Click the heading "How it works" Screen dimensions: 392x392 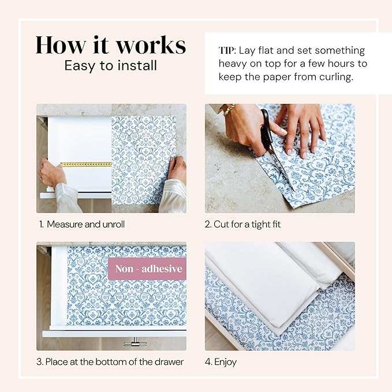tap(110, 44)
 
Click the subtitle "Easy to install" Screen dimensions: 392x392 tap(110, 65)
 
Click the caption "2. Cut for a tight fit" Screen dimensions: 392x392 tap(242, 224)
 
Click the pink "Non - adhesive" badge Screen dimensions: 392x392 tap(148, 268)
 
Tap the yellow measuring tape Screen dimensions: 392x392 tap(87, 165)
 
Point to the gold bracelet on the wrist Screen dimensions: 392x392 tap(230, 109)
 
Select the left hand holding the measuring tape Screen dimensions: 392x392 tap(52, 173)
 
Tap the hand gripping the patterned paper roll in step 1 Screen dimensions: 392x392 tap(177, 169)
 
